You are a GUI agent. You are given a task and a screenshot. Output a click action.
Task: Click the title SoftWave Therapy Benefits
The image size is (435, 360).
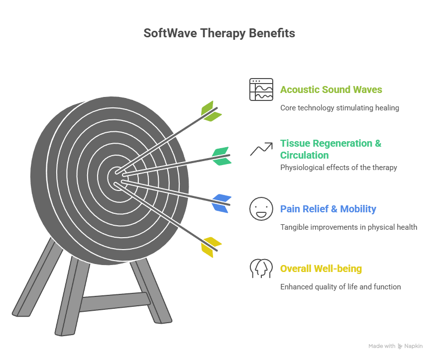(x=219, y=33)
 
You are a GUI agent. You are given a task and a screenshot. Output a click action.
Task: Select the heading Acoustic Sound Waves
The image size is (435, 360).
(x=331, y=90)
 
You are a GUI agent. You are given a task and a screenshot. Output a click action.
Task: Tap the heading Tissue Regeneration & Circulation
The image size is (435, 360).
(x=330, y=149)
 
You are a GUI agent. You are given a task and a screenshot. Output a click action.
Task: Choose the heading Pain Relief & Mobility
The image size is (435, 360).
(x=328, y=209)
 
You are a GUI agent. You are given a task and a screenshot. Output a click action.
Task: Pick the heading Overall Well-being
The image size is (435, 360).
(x=321, y=269)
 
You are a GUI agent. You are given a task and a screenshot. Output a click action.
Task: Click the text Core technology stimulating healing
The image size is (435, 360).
(x=339, y=107)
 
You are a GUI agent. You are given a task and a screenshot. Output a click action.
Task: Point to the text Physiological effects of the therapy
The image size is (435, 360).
(x=338, y=168)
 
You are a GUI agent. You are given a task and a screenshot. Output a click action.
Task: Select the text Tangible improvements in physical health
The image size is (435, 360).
(x=348, y=227)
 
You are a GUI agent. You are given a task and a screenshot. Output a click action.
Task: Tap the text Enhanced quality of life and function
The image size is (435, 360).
(x=340, y=287)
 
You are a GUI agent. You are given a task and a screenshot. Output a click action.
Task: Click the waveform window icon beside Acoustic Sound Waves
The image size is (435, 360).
(x=261, y=90)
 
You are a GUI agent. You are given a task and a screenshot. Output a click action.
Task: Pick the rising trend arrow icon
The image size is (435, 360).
(x=261, y=149)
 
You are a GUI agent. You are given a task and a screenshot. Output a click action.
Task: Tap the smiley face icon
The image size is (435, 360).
(x=261, y=209)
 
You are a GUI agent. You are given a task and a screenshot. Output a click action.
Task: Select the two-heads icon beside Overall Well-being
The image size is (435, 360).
(x=261, y=269)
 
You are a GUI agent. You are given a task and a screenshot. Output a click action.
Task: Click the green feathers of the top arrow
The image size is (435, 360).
(x=211, y=111)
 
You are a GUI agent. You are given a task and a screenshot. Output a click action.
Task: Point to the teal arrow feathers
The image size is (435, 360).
(x=220, y=156)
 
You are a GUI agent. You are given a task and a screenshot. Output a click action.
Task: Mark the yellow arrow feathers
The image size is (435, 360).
(x=211, y=247)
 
